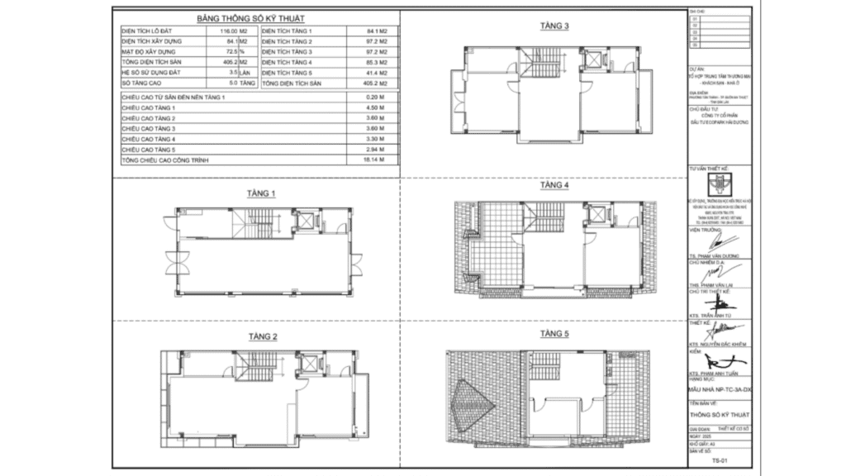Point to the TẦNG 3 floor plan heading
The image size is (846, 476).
pos(554,26)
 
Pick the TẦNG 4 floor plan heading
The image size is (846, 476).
pos(554,186)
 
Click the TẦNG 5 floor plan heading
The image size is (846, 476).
pos(554,334)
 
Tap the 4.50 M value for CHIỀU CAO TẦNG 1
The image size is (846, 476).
pos(378,108)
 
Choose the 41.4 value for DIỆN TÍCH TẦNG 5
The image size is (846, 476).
pos(376,73)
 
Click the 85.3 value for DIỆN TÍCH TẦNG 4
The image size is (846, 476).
pos(376,62)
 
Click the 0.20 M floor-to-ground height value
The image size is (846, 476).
pos(378,98)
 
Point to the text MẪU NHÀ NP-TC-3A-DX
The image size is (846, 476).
pos(720,388)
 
